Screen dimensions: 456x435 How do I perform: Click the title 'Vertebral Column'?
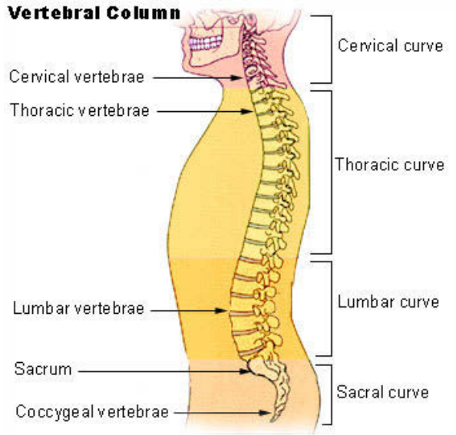[x=94, y=13]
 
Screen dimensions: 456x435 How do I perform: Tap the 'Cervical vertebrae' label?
[x=77, y=77]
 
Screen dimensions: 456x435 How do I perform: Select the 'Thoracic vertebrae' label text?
[x=80, y=110]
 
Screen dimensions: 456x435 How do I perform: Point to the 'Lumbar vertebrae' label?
[x=78, y=308]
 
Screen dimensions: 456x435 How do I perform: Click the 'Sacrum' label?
[x=43, y=369]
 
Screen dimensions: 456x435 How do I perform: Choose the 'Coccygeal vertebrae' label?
[x=92, y=412]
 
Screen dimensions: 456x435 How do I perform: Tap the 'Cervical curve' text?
[x=390, y=46]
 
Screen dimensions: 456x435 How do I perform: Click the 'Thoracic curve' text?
[x=390, y=164]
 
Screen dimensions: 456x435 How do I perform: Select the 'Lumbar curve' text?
[x=388, y=302]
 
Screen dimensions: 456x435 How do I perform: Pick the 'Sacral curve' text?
[x=382, y=392]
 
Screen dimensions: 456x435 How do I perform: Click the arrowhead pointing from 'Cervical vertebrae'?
[x=236, y=78]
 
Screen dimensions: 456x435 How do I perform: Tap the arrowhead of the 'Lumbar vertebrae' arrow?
[x=221, y=311]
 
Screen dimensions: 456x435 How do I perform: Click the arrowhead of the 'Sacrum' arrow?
[x=245, y=371]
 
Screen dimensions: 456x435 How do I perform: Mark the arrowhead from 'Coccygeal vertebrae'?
[x=265, y=413]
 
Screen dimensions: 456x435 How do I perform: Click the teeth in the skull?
[x=205, y=43]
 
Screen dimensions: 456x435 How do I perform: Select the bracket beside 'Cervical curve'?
[x=331, y=49]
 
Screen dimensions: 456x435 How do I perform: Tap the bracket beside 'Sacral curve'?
[x=331, y=394]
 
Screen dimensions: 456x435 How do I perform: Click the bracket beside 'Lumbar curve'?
[x=331, y=308]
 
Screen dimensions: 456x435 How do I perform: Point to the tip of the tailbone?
[x=273, y=421]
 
